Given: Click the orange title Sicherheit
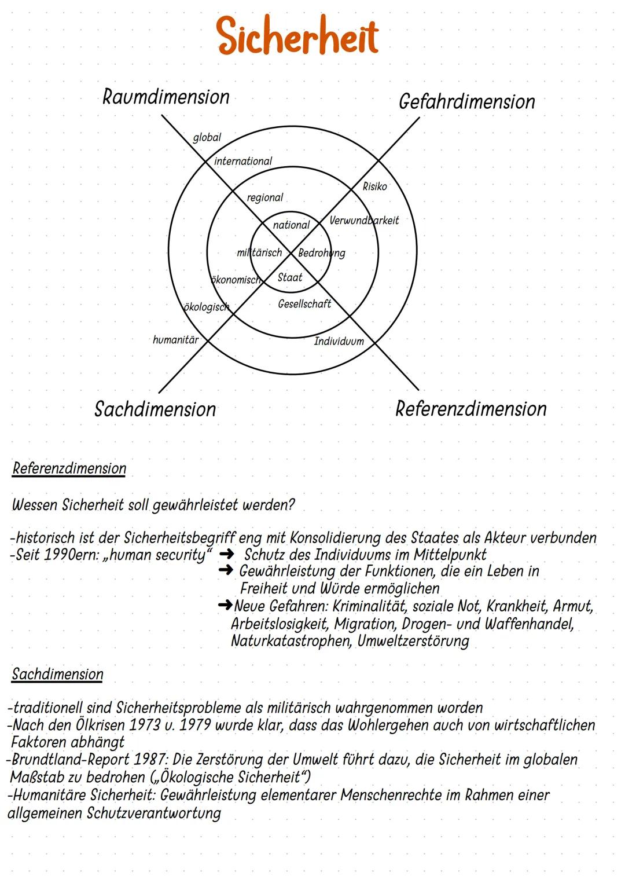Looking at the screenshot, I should (x=297, y=36).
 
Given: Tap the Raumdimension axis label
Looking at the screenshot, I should (x=166, y=97).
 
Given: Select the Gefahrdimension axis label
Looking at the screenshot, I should (x=466, y=102).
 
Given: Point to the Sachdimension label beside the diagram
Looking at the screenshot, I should (x=155, y=409).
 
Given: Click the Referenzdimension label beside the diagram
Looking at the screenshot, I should (x=470, y=409).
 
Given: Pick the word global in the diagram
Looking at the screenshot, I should (x=207, y=138).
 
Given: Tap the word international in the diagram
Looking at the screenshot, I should (x=242, y=161).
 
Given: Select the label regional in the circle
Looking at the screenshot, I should (x=264, y=197).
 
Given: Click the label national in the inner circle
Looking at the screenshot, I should (x=291, y=225).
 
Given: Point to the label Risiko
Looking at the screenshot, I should (x=374, y=186).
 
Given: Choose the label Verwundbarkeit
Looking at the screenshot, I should (x=364, y=221).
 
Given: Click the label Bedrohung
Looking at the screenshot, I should (x=321, y=253).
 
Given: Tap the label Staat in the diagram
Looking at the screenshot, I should (x=289, y=277).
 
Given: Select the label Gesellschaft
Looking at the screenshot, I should (x=304, y=304).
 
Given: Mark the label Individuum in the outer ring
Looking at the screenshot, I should (x=339, y=341).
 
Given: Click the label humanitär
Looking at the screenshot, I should (x=175, y=340).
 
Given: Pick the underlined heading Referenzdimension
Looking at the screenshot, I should (x=69, y=468).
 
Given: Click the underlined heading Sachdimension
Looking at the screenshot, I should (x=57, y=674).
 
